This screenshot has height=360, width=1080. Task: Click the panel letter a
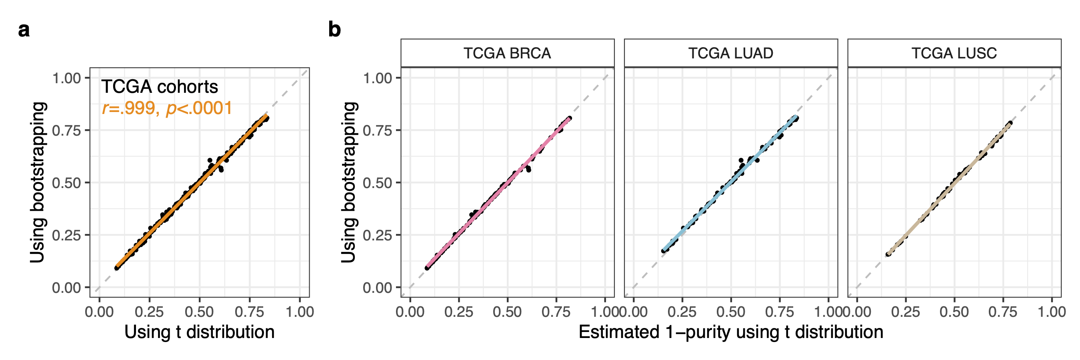[x=24, y=30]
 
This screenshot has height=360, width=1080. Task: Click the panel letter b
[x=334, y=30]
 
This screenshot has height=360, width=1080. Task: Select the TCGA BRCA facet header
[x=507, y=53]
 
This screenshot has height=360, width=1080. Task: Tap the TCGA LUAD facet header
[x=730, y=53]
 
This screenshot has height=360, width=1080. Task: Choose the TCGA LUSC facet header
[x=954, y=53]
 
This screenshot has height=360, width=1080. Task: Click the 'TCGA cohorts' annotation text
[x=159, y=87]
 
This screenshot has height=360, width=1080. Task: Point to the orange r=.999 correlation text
[x=167, y=108]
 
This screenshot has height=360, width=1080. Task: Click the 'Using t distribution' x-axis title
[x=199, y=332]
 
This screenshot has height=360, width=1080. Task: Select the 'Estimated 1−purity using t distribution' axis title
[x=730, y=332]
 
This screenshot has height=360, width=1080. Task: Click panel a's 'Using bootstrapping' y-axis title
[x=38, y=182]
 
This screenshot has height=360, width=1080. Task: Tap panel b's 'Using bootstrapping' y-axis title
[x=348, y=182]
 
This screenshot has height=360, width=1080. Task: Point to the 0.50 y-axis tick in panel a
[x=66, y=183]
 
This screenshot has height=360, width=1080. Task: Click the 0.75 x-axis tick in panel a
[x=250, y=312]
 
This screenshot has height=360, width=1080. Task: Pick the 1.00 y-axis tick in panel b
[x=377, y=78]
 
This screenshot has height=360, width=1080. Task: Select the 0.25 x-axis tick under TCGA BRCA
[x=459, y=312]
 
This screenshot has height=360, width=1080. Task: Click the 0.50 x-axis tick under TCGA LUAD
[x=731, y=312]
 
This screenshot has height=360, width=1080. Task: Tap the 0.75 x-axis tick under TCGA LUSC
[x=1003, y=312]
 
